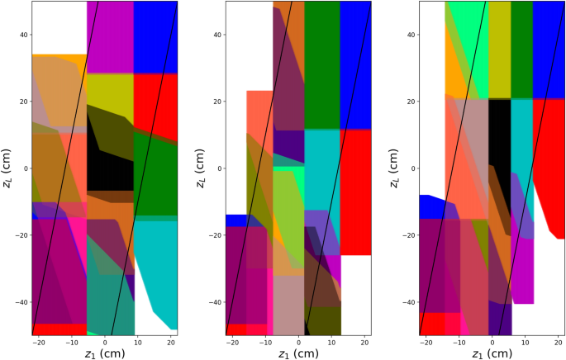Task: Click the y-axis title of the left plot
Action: [7, 168]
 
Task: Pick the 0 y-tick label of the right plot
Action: [411, 168]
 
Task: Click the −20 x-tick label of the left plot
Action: [38, 341]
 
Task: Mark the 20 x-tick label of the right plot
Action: [559, 341]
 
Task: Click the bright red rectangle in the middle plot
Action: [355, 190]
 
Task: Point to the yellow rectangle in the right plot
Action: [499, 50]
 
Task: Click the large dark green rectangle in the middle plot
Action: [322, 66]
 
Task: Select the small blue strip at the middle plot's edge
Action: [235, 220]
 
